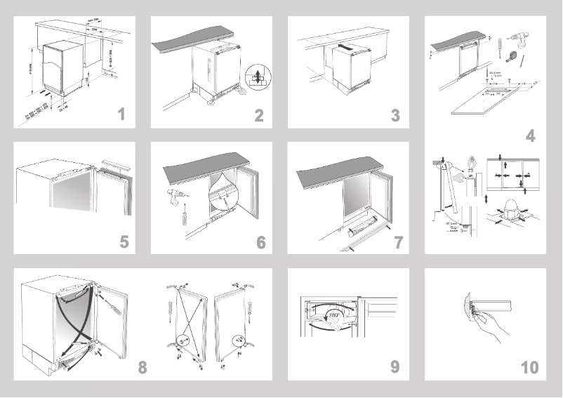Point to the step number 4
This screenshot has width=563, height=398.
pyautogui.click(x=531, y=136)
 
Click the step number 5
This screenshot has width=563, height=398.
pyautogui.click(x=124, y=242)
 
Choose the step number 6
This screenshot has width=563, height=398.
pyautogui.click(x=260, y=242)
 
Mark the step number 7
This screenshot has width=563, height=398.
pyautogui.click(x=398, y=242)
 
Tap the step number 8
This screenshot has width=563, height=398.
pyautogui.click(x=143, y=366)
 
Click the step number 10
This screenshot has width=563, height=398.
pyautogui.click(x=529, y=366)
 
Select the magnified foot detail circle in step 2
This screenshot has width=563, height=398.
pyautogui.click(x=258, y=77)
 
